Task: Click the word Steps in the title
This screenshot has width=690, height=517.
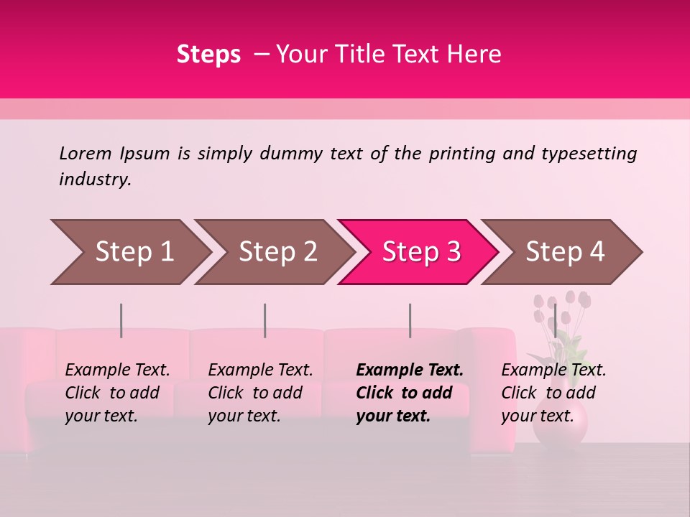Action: [208, 55]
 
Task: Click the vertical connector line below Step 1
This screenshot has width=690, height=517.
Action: [121, 320]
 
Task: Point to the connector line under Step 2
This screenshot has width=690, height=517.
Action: [265, 320]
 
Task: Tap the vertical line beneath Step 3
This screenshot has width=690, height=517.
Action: [410, 320]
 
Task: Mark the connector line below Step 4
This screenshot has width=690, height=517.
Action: [555, 320]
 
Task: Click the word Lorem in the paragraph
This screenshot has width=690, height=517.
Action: [86, 154]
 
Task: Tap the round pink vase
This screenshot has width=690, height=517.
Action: [560, 424]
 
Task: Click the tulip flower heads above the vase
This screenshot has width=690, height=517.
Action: [561, 305]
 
